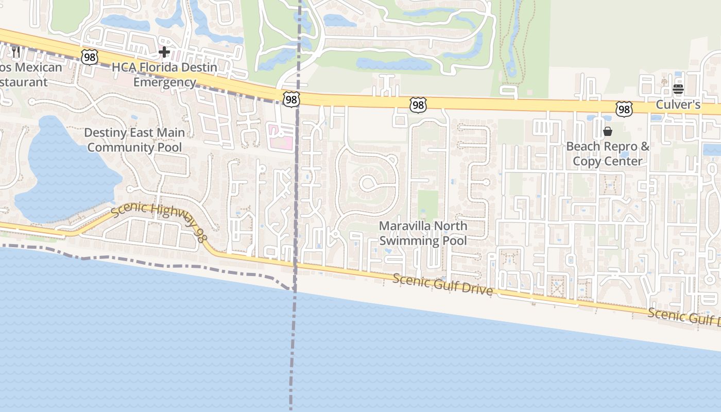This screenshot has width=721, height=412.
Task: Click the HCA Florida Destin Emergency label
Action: point(164,75)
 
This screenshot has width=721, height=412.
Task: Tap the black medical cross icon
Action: point(164,52)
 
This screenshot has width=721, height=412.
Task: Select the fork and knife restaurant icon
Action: point(16,51)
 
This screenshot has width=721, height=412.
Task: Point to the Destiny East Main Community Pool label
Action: point(134,140)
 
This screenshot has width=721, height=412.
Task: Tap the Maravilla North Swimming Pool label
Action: point(423,233)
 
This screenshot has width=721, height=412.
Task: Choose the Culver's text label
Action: point(678,105)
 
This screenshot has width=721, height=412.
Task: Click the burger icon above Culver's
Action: point(678,89)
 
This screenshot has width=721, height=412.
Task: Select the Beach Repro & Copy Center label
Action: point(608,153)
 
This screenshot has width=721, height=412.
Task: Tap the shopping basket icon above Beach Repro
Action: point(608,131)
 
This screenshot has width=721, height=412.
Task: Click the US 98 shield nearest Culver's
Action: point(624,109)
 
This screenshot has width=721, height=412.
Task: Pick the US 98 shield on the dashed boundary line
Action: point(291,99)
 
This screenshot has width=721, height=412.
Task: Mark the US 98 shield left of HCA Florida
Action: point(90,57)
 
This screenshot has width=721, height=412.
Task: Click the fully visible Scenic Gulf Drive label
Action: point(443,285)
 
